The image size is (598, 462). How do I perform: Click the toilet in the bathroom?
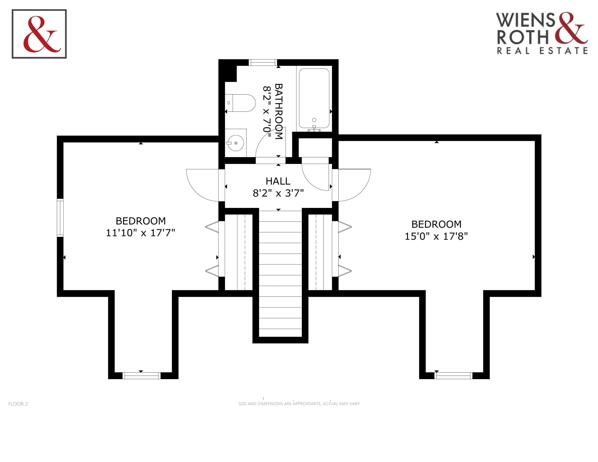click(240, 103)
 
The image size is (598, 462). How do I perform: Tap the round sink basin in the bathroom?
click(236, 143)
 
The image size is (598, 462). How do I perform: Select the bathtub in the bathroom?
click(314, 98)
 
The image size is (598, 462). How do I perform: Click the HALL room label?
click(278, 181)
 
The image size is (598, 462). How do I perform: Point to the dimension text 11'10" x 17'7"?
click(141, 233)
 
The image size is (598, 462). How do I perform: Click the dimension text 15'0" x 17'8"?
click(436, 236)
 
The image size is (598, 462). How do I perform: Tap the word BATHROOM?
click(278, 111)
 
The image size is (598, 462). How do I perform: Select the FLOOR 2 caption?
click(18, 404)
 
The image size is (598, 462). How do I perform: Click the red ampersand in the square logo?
click(42, 34)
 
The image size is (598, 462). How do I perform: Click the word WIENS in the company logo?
click(525, 20)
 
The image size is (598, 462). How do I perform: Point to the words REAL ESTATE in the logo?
click(542, 51)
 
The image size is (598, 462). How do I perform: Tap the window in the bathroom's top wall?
click(263, 63)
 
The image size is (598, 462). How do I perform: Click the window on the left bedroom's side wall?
click(60, 218)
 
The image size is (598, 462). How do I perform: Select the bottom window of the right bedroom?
click(454, 376)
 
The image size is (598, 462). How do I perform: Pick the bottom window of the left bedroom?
click(141, 376)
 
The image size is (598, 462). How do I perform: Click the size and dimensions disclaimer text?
click(299, 404)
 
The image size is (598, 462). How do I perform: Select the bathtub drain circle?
click(314, 120)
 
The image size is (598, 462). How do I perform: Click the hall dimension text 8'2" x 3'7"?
click(278, 193)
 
